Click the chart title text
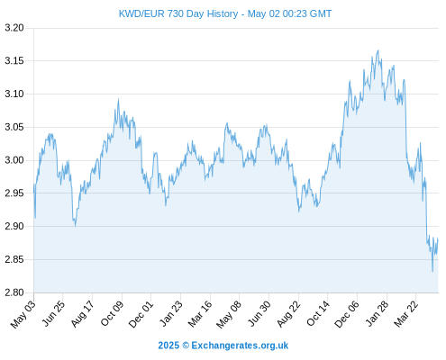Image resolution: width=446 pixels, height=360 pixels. [225, 13]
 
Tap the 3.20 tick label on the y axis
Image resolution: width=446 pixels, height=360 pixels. [14, 28]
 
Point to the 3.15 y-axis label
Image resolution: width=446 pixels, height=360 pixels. [14, 61]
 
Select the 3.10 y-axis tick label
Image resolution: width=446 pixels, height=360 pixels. [14, 94]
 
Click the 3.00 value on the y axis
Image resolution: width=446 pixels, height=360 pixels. [14, 160]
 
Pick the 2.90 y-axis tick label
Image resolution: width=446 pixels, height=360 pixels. [14, 226]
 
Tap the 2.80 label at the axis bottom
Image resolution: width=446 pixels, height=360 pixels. [14, 292]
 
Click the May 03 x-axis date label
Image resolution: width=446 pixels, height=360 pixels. [23, 314]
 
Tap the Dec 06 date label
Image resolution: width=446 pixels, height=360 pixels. [347, 314]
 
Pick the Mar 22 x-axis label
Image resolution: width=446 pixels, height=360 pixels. [405, 314]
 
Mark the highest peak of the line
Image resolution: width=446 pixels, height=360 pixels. [378, 50]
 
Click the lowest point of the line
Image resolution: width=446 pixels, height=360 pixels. [432, 272]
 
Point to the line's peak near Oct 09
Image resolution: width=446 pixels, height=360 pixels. [118, 99]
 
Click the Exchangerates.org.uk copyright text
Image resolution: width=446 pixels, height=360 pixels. [223, 346]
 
